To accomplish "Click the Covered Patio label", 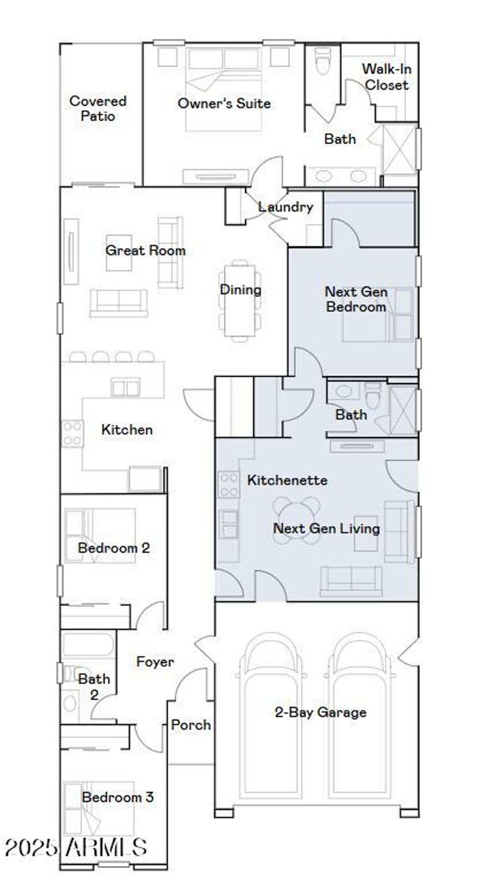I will pos(98,109).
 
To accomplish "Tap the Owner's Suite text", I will pos(224,103).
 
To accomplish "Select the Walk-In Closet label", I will pos(386,77).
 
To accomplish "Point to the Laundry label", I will pos(285,207).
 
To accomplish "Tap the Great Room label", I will pos(145,250).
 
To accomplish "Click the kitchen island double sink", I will pos(125,387).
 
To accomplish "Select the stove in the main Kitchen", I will pos(73,434).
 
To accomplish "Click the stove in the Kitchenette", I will pos(229,485).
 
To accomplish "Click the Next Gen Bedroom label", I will pos(356,299).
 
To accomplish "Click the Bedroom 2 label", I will pos(114,548).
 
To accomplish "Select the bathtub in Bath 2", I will pos(88,645).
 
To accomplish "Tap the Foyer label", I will pos(155,662).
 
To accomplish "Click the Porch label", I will pos(191,725).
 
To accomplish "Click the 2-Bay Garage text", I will pos(320,713).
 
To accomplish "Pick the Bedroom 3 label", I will pos(117,797).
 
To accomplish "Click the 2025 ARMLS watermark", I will pos(76,847).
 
